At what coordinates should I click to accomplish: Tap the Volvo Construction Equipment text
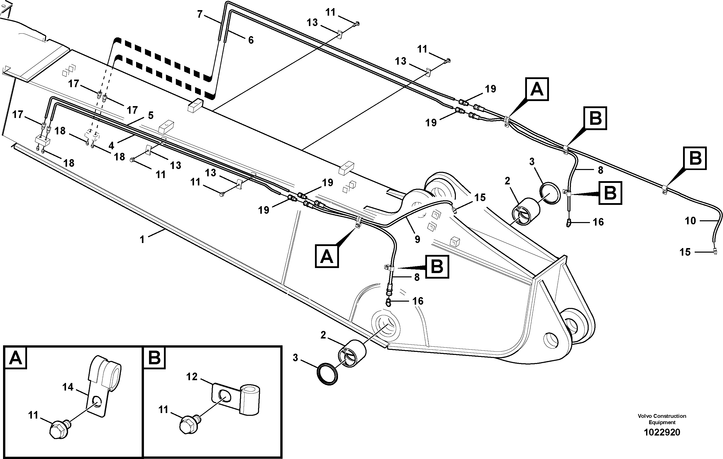pyautogui.click(x=662, y=419)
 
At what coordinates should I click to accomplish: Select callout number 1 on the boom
pyautogui.click(x=142, y=239)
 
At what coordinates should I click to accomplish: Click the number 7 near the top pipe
pyautogui.click(x=200, y=14)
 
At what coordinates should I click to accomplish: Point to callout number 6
pyautogui.click(x=251, y=40)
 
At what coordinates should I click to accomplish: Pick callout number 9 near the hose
pyautogui.click(x=417, y=239)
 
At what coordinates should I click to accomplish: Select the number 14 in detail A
pyautogui.click(x=68, y=387)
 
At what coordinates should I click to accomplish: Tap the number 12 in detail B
pyautogui.click(x=192, y=377)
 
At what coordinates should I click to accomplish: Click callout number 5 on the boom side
pyautogui.click(x=151, y=116)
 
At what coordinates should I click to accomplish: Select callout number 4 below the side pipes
pyautogui.click(x=111, y=146)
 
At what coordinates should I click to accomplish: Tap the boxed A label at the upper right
pyautogui.click(x=537, y=89)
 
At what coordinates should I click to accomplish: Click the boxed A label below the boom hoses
pyautogui.click(x=327, y=256)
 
